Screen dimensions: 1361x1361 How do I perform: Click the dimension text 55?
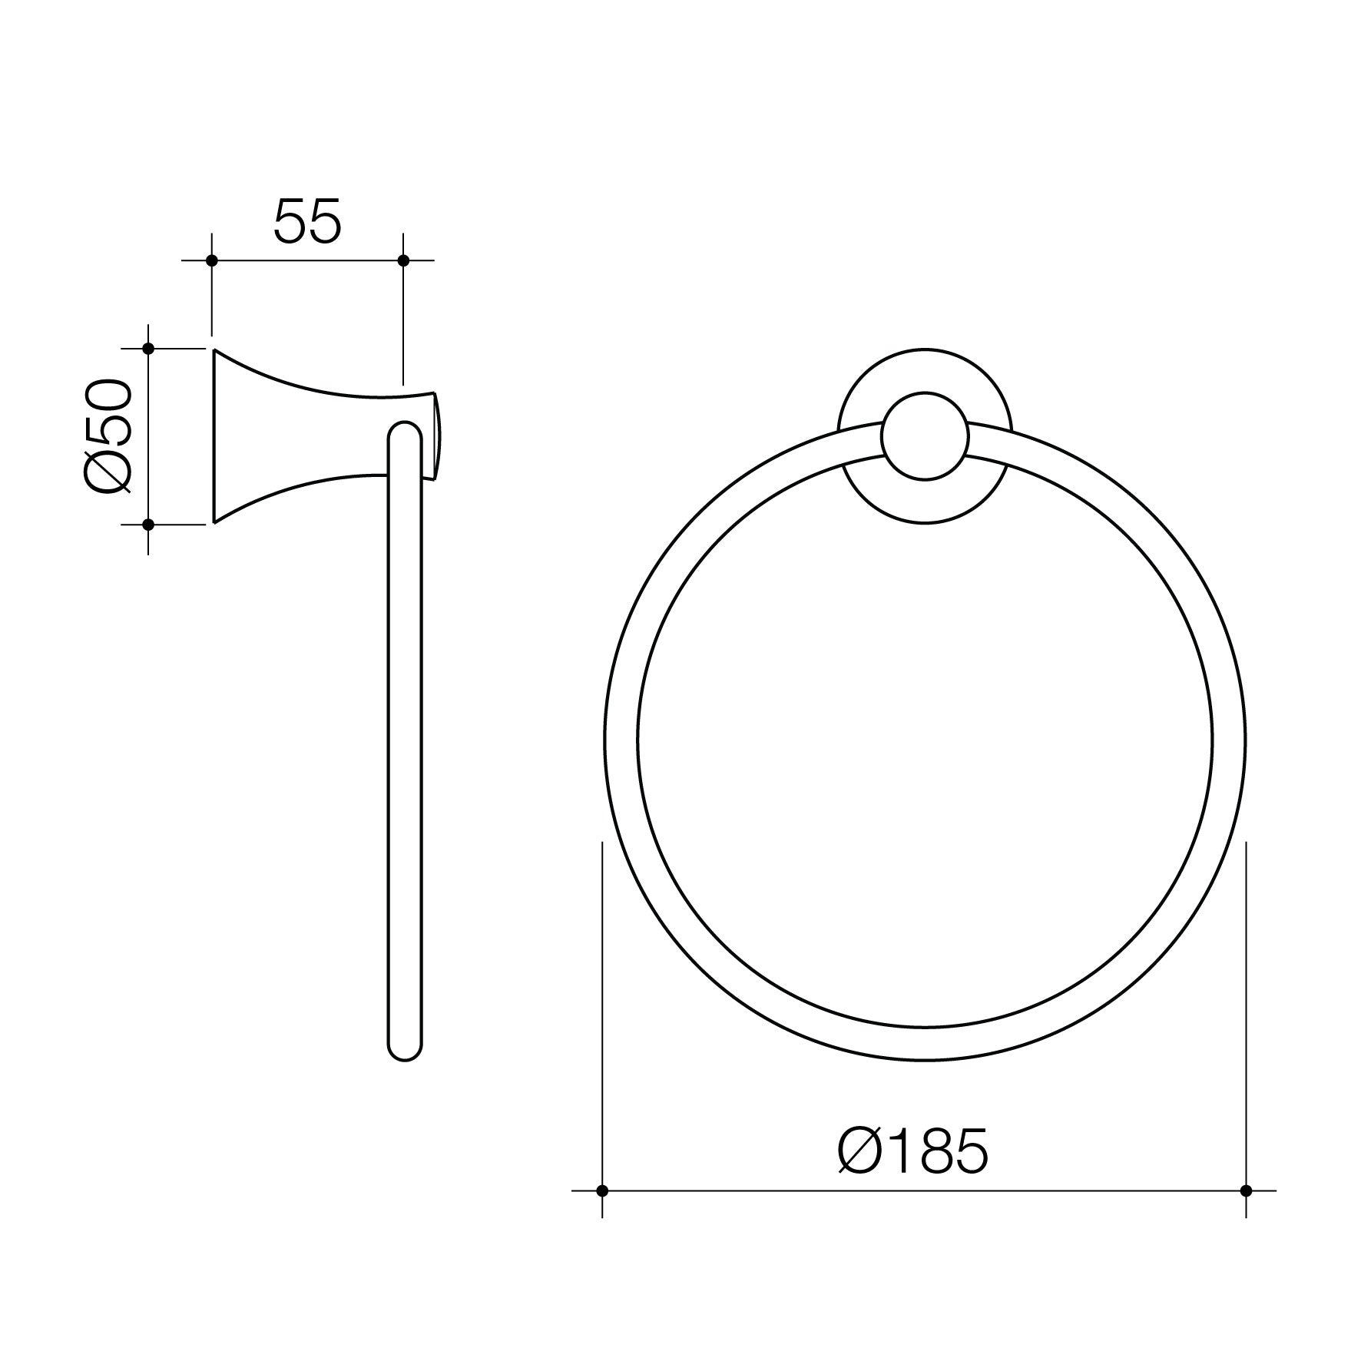point(306,222)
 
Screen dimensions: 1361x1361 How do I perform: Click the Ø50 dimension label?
point(108,435)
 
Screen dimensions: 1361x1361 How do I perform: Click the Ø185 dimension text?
point(912,1151)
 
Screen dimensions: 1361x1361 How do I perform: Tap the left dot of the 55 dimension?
point(212,260)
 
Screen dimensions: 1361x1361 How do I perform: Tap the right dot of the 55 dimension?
point(403,260)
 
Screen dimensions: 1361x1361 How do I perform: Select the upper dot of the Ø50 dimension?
point(149,349)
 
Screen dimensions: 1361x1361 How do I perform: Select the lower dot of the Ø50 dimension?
point(149,525)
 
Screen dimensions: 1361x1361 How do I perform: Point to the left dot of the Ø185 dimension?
point(602,1212)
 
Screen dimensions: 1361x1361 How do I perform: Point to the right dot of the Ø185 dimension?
point(1246,1212)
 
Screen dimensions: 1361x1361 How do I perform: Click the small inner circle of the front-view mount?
point(925,436)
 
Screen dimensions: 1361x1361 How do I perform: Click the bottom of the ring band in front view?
point(925,1045)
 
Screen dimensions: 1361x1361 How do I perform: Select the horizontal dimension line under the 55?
point(307,260)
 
